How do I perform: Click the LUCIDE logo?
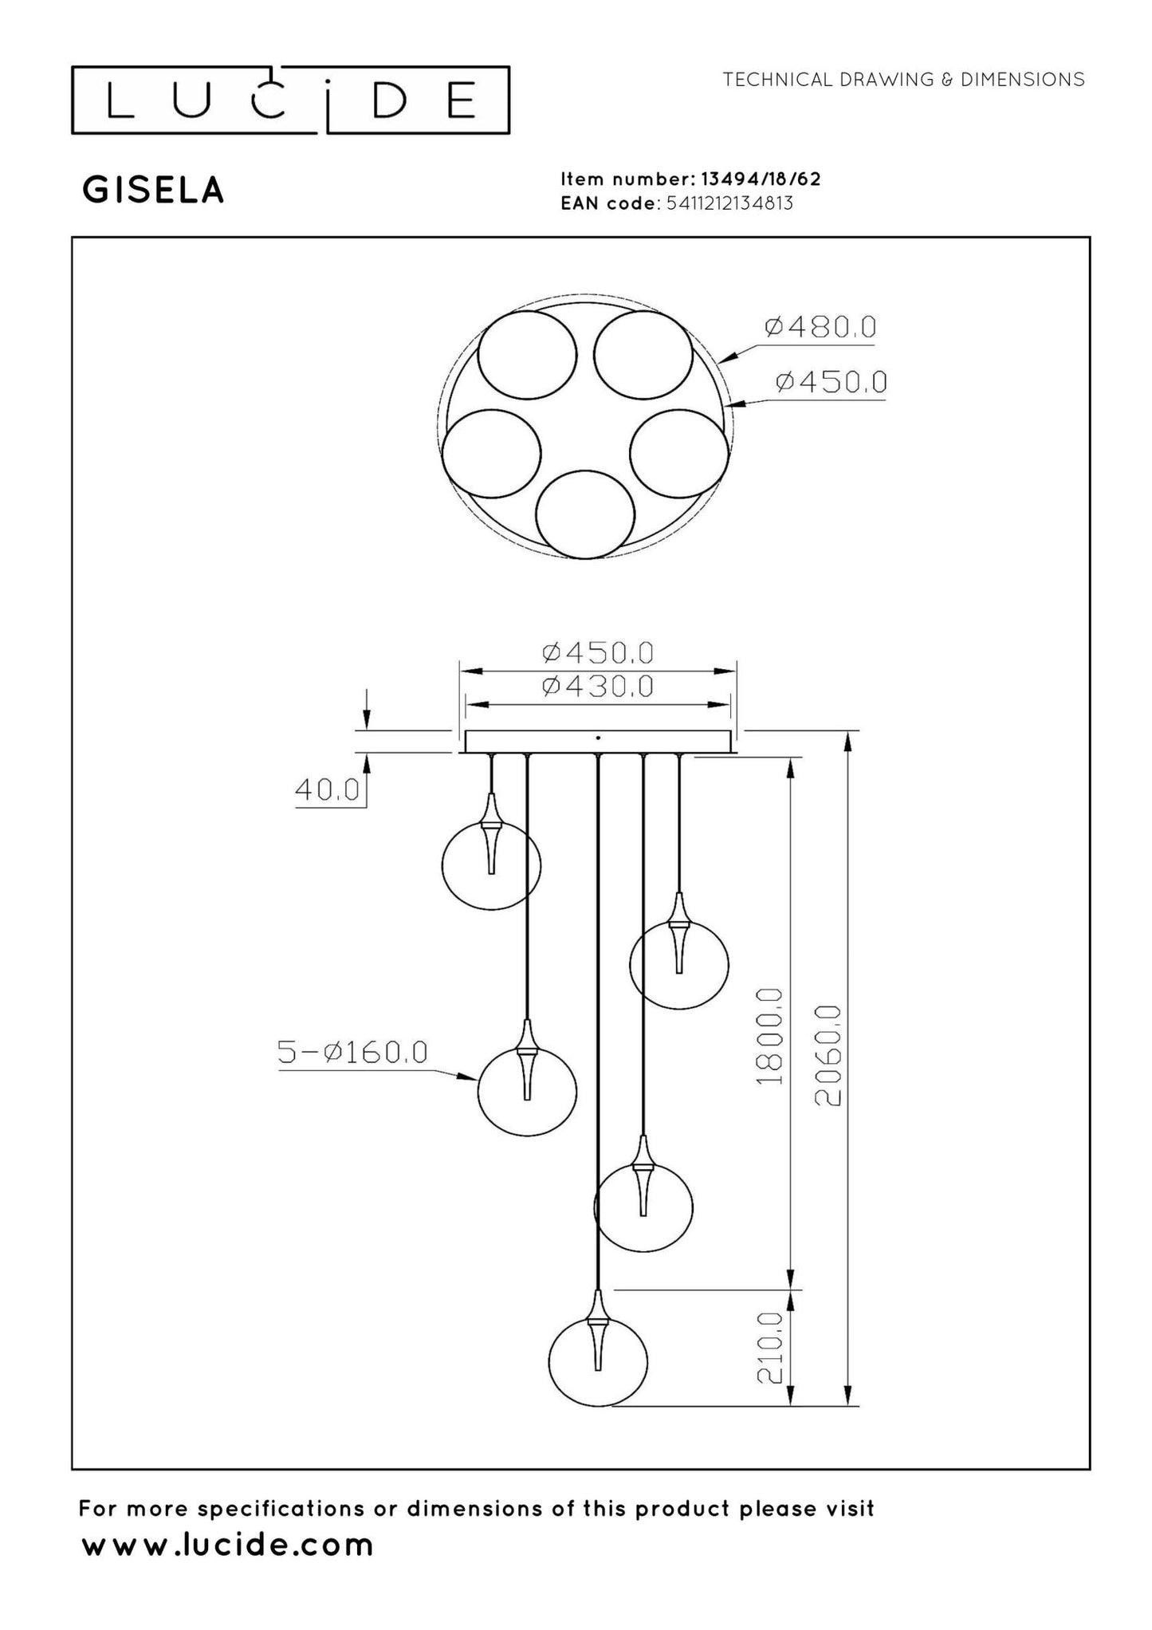click(290, 100)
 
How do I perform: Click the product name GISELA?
click(153, 191)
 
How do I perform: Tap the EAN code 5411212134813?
click(729, 203)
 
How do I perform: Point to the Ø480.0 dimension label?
click(820, 327)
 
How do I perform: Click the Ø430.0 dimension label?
click(597, 685)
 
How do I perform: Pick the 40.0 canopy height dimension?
click(327, 789)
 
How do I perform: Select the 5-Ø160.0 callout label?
click(352, 1052)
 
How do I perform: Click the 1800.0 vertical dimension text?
click(771, 1036)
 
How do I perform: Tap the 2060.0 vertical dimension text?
click(828, 1054)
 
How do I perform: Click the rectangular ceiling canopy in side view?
click(598, 742)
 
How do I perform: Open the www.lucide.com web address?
click(228, 1545)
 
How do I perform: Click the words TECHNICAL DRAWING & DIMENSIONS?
click(902, 80)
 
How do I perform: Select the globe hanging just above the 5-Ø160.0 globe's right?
click(678, 964)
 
